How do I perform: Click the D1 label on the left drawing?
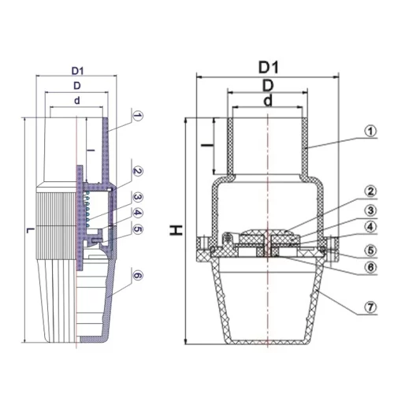[x=77, y=71]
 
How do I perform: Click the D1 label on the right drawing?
[x=268, y=68]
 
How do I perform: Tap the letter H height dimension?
[x=176, y=230]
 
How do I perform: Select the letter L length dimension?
[x=31, y=231]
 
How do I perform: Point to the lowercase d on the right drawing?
[x=268, y=101]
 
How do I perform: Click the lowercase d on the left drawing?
[x=77, y=100]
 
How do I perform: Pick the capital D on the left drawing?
[x=77, y=86]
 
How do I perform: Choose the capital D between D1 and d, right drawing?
[x=268, y=85]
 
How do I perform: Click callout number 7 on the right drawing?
[x=370, y=307]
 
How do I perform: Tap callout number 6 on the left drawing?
[x=138, y=276]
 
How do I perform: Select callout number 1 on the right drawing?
[x=370, y=131]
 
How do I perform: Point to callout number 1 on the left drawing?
[x=138, y=116]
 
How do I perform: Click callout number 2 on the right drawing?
[x=370, y=191]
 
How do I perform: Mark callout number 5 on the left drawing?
[x=138, y=229]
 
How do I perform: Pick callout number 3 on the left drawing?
[x=138, y=197]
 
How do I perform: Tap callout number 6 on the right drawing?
[x=370, y=267]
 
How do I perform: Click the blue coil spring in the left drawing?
[x=87, y=210]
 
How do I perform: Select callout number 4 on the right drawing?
[x=370, y=227]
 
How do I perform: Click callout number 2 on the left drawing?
[x=138, y=171]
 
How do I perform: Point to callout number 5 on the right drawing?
[x=370, y=250]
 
